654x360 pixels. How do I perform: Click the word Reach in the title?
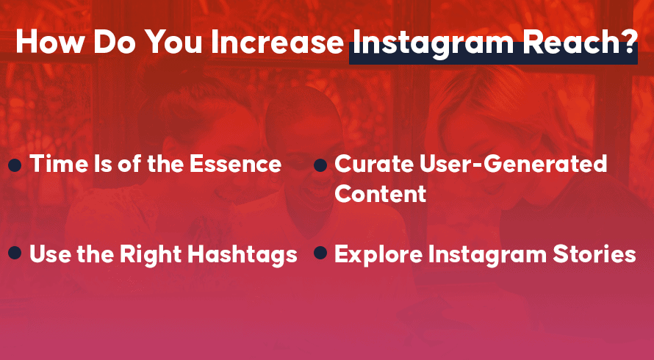coord(572,42)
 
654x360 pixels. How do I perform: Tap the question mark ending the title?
coord(631,42)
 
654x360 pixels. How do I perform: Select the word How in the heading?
coord(49,42)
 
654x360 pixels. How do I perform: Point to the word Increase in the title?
coord(277,42)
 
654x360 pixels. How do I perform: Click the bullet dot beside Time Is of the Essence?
coord(15,165)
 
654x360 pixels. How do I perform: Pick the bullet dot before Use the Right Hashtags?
coord(15,253)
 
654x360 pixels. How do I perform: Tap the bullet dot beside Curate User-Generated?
coord(320,165)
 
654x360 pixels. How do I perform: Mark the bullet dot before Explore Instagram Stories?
coord(320,253)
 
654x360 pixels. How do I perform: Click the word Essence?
coord(235,164)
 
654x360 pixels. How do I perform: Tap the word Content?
coord(381,194)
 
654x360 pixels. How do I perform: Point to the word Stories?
coord(594,254)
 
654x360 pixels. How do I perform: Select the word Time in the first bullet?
coord(52,164)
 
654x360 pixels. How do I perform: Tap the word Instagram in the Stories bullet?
coord(488,255)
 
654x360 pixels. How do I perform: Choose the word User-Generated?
coord(513,164)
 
